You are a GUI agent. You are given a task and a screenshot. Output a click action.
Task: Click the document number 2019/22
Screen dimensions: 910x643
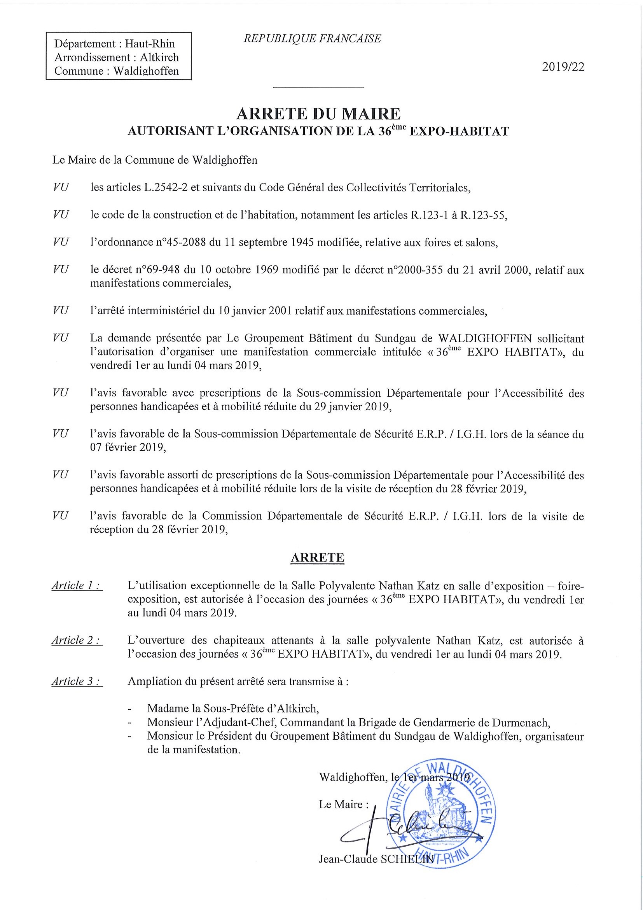tap(563, 67)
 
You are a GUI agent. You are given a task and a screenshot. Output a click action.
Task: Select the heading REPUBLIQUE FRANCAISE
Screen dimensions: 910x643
tap(312, 38)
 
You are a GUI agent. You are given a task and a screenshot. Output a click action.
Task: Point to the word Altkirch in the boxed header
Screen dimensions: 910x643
tap(159, 58)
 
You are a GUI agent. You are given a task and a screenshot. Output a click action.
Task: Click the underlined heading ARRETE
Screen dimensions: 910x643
tap(317, 558)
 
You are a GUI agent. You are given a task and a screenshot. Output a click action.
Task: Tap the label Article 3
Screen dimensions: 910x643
tap(77, 681)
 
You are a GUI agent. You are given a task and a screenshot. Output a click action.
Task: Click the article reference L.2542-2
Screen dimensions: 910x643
tap(166, 187)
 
